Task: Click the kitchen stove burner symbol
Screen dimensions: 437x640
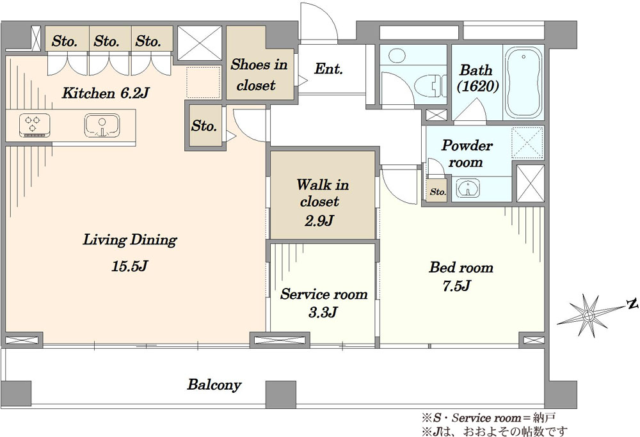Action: [x=36, y=125]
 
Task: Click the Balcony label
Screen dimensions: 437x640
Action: [x=214, y=385]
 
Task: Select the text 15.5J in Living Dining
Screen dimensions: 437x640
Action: [x=129, y=266]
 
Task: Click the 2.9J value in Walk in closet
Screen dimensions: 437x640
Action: [x=321, y=221]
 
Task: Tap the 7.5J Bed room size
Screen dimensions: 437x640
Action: [x=456, y=285]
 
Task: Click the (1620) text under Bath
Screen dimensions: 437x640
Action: [x=477, y=86]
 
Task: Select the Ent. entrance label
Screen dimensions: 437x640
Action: [x=328, y=69]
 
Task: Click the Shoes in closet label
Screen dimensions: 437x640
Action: [x=259, y=74]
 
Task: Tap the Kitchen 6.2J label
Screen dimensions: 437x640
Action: [x=105, y=93]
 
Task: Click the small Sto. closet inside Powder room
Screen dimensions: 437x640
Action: [x=437, y=191]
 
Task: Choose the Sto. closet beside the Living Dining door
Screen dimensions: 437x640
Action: [x=204, y=126]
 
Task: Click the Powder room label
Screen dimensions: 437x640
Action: [x=467, y=154]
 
